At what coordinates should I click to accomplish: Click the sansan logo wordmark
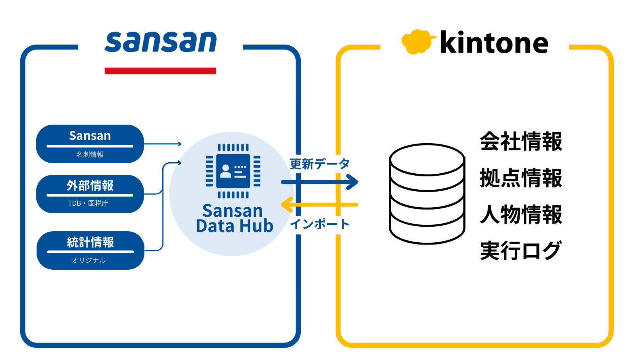click(160, 42)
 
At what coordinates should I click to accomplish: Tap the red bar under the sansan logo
click(160, 71)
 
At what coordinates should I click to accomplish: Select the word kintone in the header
click(494, 43)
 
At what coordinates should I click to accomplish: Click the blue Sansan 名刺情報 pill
click(90, 144)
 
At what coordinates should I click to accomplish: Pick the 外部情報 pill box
click(90, 194)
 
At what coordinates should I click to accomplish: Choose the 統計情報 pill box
click(90, 250)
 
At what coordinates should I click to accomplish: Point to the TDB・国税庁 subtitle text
click(88, 203)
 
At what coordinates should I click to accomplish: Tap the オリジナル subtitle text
click(89, 260)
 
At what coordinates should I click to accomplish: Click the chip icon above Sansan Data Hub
click(233, 171)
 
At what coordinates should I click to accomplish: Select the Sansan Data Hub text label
click(234, 218)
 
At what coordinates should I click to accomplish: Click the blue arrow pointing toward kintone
click(320, 182)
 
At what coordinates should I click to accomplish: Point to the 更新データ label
click(320, 164)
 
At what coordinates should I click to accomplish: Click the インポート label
click(320, 224)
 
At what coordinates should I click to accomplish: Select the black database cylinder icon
click(427, 194)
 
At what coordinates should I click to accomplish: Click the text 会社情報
click(521, 141)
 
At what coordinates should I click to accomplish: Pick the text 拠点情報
click(521, 178)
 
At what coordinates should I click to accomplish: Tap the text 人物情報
click(521, 214)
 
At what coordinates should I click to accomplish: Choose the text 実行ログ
click(521, 250)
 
